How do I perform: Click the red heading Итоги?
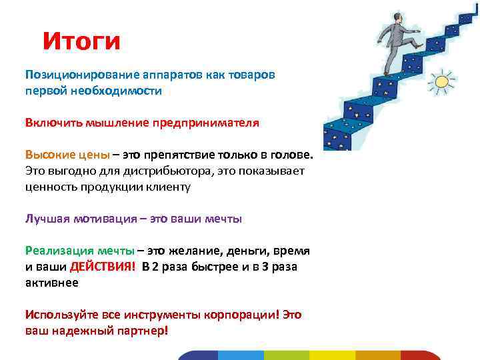click(81, 41)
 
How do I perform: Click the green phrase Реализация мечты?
click(79, 251)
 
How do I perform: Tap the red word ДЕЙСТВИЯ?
click(103, 267)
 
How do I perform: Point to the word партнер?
click(138, 330)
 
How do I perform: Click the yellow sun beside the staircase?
click(441, 84)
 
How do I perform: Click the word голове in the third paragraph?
click(290, 155)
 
